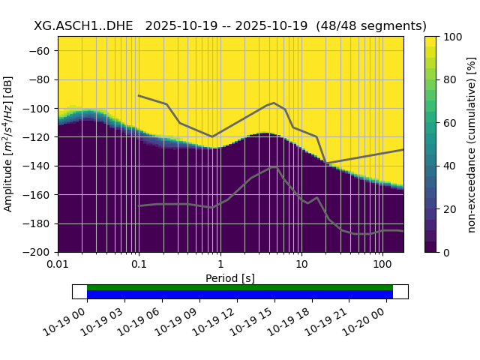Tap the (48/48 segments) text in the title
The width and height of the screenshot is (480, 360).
(x=371, y=25)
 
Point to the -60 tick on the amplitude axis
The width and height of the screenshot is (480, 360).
(x=43, y=50)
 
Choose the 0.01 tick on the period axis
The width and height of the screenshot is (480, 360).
(x=58, y=265)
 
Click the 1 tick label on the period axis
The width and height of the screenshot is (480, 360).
(x=220, y=265)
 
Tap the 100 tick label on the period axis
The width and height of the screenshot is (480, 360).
(x=382, y=265)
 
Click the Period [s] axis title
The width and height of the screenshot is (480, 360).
(x=230, y=278)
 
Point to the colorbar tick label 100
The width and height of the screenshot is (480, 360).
(x=453, y=36)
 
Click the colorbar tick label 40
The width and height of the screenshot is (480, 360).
(x=450, y=166)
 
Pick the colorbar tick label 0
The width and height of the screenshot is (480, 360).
(x=448, y=252)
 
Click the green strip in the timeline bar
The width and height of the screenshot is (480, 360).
(x=240, y=287)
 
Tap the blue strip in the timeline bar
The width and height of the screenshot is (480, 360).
(x=240, y=295)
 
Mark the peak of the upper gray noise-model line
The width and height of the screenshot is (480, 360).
(x=274, y=103)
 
